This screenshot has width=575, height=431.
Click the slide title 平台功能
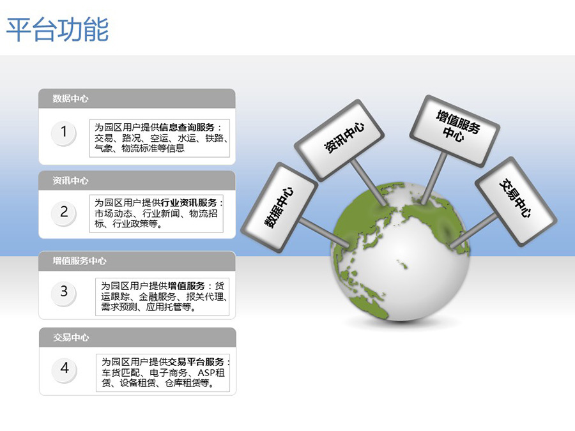[57, 29]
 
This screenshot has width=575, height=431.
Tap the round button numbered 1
[64, 132]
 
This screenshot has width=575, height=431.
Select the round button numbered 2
[64, 212]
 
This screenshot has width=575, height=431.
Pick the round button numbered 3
[64, 292]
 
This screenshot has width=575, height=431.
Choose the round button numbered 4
[65, 368]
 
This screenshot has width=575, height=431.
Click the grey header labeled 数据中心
[137, 98]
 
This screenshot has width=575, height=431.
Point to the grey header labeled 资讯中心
[137, 180]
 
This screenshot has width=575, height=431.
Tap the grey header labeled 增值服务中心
[137, 261]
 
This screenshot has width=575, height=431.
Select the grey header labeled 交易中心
[137, 338]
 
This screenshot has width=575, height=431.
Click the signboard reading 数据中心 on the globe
[279, 208]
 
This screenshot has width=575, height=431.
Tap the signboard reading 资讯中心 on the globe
[339, 140]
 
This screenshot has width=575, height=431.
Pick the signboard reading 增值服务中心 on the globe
[455, 131]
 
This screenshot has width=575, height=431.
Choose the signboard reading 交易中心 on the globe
[516, 202]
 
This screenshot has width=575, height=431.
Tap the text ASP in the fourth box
[206, 373]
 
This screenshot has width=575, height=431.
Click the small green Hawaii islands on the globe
[402, 264]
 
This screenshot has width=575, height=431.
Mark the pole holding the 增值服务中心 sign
[434, 179]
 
